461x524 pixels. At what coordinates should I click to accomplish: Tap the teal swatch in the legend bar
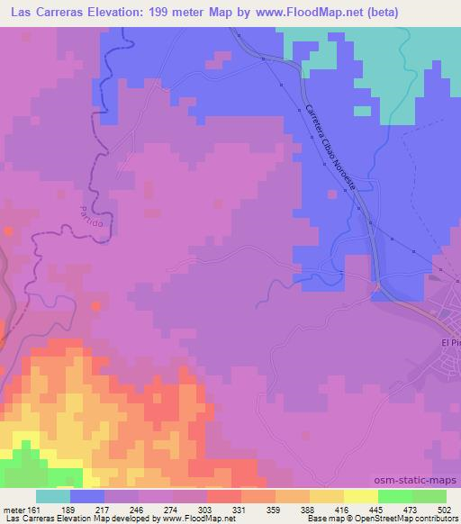pyautogui.click(x=53, y=496)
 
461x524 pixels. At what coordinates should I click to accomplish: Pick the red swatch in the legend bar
pyautogui.click(x=223, y=496)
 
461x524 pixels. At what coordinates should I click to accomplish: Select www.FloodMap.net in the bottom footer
pyautogui.click(x=198, y=519)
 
